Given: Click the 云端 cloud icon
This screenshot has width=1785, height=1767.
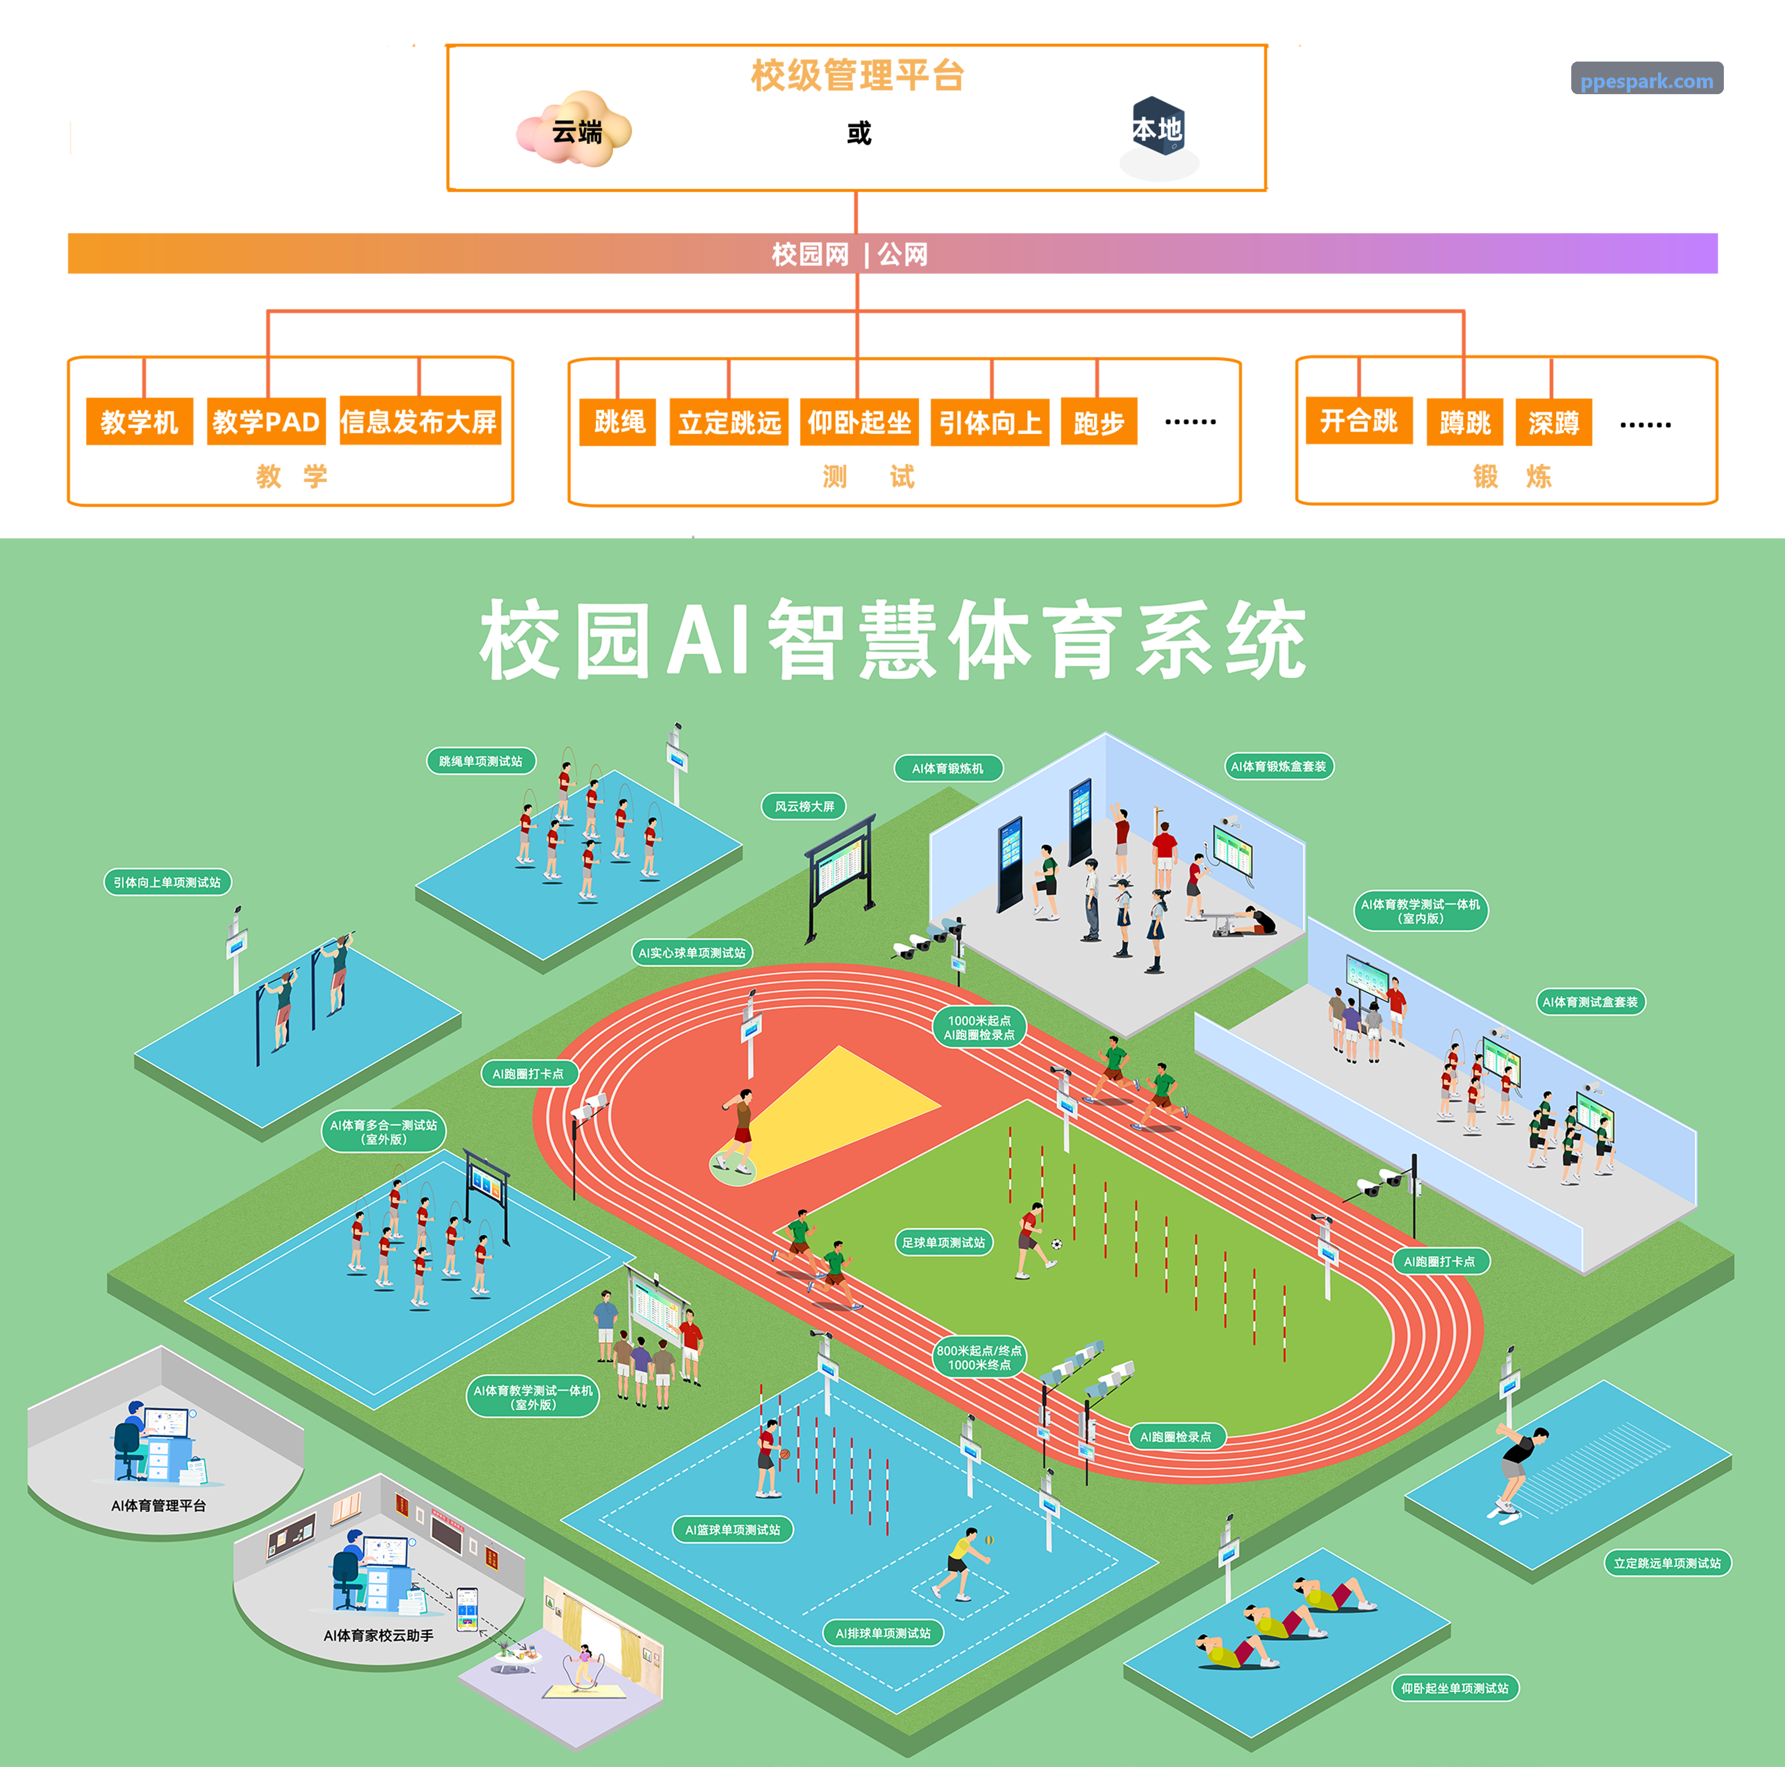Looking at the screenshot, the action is (x=575, y=129).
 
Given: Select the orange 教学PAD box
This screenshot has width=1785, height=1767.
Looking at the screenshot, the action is (x=266, y=422).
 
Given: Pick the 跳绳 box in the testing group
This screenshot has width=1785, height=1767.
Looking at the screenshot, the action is (x=618, y=422).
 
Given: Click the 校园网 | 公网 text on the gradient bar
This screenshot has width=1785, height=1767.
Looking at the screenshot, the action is (x=850, y=254).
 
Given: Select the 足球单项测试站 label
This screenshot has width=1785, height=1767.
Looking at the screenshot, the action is (x=943, y=1242).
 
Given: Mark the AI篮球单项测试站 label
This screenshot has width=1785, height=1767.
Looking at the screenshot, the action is (x=733, y=1530).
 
